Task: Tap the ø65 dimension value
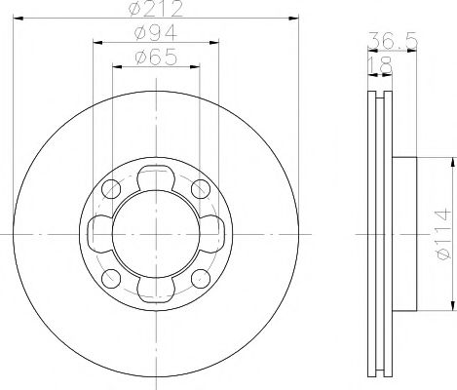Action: (x=156, y=58)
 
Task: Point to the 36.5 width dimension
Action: (x=388, y=40)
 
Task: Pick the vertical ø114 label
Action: (x=443, y=234)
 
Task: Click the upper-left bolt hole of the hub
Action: (x=111, y=188)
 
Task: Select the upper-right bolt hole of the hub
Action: (x=201, y=188)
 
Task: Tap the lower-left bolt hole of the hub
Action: (x=111, y=279)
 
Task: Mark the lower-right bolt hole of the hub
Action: (x=201, y=279)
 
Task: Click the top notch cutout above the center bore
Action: (x=156, y=178)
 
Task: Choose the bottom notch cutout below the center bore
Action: (x=156, y=289)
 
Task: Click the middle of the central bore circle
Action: (x=156, y=234)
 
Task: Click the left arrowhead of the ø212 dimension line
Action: (x=19, y=21)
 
